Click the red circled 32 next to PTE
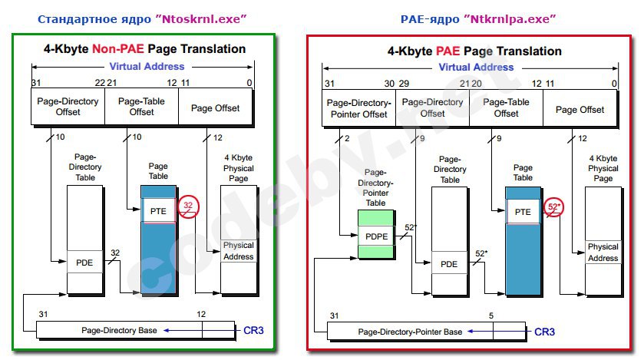point(188,207)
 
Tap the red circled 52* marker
point(553,207)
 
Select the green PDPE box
point(376,236)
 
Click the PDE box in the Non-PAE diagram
point(84,263)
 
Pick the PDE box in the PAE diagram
point(449,264)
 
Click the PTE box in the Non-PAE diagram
point(158,211)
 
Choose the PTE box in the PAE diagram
point(523,212)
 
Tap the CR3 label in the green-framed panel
point(253,330)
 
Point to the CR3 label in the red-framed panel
point(544,332)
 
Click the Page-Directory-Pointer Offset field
point(358,108)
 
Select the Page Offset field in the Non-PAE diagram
point(215,107)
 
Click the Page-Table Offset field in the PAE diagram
point(506,108)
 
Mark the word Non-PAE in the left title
point(118,49)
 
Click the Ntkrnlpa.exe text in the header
point(509,19)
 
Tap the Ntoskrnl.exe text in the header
point(204,19)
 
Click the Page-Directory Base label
point(119,330)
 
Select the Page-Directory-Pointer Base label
point(410,332)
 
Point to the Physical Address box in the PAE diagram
point(603,252)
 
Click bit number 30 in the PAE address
point(389,84)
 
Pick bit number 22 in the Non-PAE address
point(100,83)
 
